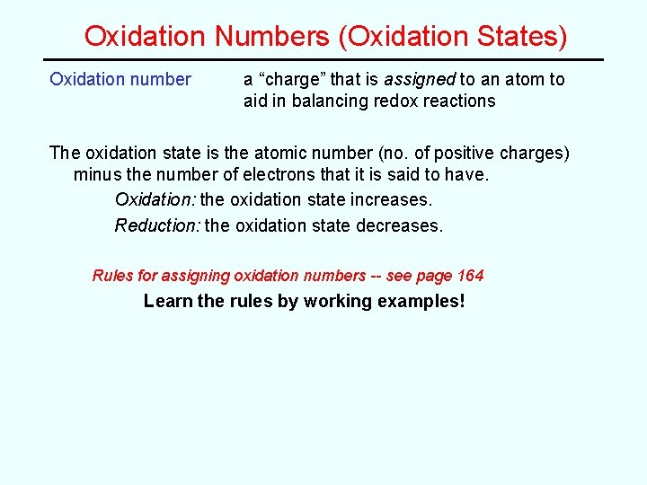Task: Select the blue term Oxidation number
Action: pos(120,79)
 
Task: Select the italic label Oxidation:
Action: pos(155,199)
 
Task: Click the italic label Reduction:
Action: pos(157,225)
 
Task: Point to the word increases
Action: pos(393,199)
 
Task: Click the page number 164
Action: pos(470,276)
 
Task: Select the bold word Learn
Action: pos(168,301)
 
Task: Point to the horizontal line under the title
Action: pos(323,60)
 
